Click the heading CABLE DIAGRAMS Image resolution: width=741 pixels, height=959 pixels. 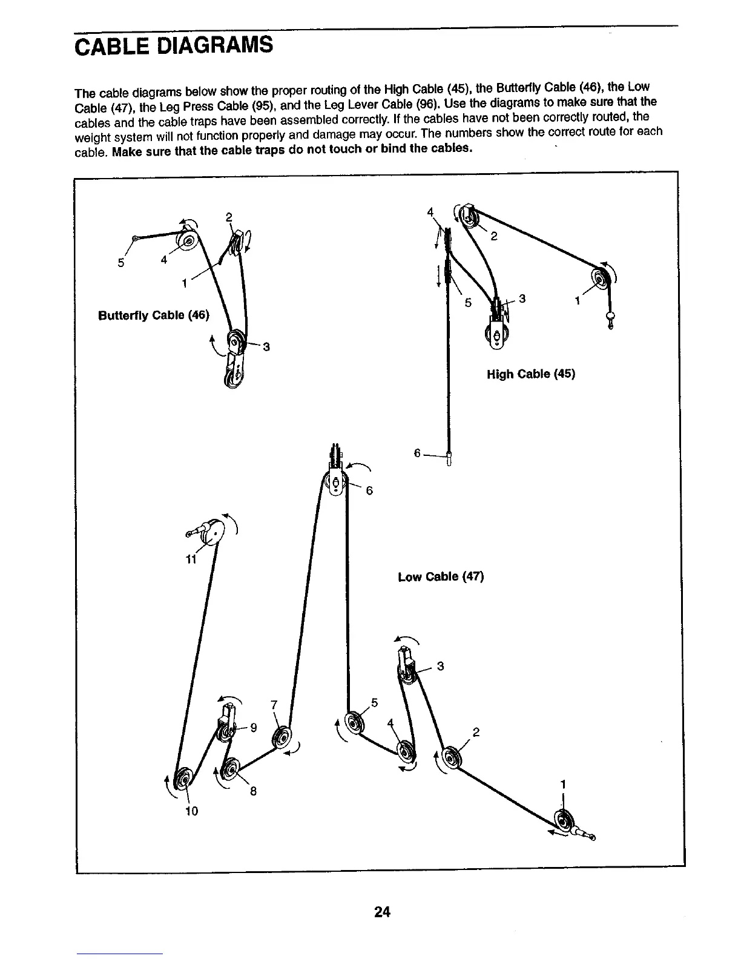pyautogui.click(x=173, y=45)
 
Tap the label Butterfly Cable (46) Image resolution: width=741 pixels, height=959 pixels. pyautogui.click(x=154, y=315)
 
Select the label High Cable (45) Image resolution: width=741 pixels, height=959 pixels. pyautogui.click(x=530, y=374)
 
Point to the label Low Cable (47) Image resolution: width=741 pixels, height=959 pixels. pyautogui.click(x=441, y=577)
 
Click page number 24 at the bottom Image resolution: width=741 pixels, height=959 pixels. pyautogui.click(x=381, y=912)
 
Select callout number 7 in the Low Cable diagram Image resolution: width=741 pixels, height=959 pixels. pyautogui.click(x=274, y=705)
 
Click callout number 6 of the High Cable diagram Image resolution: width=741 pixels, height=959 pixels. pyautogui.click(x=417, y=453)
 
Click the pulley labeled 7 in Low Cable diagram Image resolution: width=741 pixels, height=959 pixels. pyautogui.click(x=283, y=737)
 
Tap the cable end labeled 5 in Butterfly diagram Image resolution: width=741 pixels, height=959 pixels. pyautogui.click(x=135, y=239)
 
